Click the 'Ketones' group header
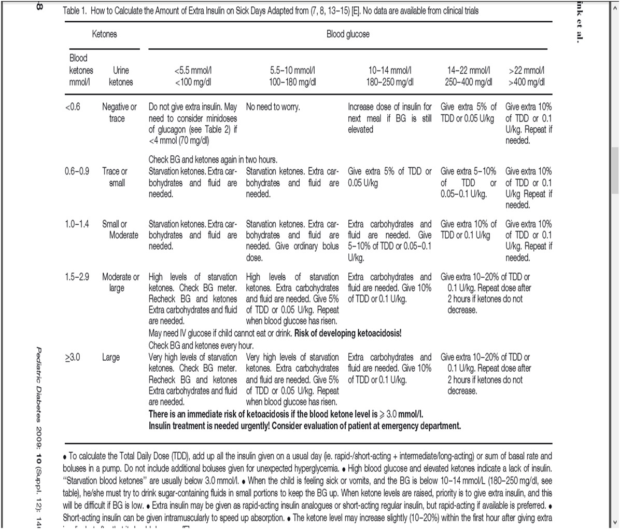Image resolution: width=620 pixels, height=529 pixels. point(104,34)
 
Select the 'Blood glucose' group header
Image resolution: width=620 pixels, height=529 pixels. point(348,34)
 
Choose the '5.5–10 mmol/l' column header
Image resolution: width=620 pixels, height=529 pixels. point(293,76)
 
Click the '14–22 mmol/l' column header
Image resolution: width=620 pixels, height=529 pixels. point(469,76)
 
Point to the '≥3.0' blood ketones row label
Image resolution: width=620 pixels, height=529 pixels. point(73,357)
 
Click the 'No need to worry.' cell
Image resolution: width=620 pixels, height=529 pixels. point(273,107)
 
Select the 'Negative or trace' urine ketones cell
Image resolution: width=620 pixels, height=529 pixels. point(119,113)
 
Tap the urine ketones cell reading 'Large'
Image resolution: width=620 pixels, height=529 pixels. point(110,357)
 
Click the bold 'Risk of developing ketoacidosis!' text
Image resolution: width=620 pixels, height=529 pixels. point(348,333)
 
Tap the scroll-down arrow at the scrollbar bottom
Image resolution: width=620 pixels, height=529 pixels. point(615,522)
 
